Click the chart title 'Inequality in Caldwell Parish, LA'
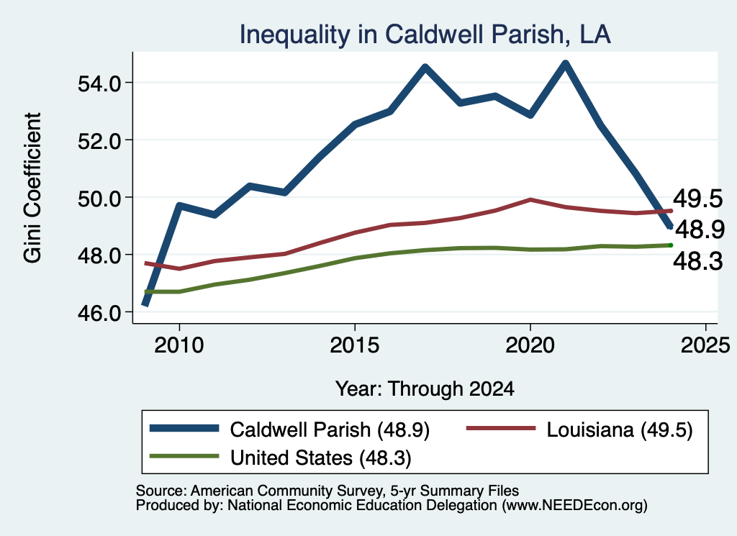point(425,35)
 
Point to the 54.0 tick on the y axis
point(99,83)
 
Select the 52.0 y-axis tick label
point(99,141)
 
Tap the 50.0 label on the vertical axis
point(99,199)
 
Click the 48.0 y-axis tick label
point(99,255)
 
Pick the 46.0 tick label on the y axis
point(99,313)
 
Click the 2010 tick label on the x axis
point(179,345)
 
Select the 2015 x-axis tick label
point(355,345)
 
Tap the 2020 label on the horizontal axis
point(530,345)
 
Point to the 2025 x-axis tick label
point(705,345)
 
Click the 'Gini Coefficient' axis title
point(32,188)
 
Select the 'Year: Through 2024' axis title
point(425,389)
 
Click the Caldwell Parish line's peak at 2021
point(566,63)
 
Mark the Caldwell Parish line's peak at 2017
point(425,68)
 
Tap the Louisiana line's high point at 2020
point(530,199)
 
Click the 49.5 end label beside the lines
point(697,199)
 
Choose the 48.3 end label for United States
point(697,261)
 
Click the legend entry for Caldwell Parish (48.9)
point(289,430)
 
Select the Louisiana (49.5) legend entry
point(579,430)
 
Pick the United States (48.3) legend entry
point(281,458)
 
